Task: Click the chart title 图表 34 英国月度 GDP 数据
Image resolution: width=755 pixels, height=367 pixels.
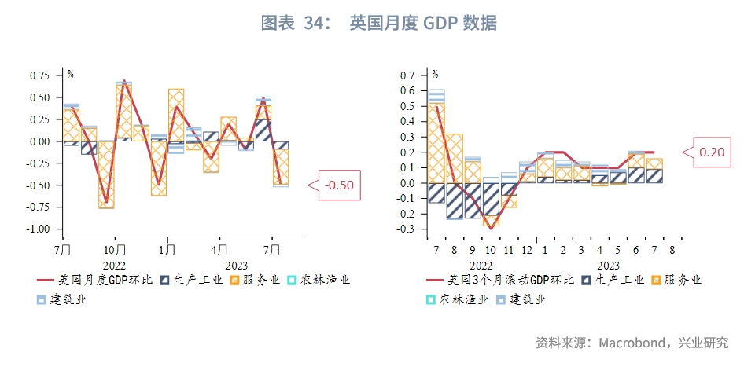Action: pos(378,24)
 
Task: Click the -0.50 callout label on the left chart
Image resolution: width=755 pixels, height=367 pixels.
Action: pos(340,185)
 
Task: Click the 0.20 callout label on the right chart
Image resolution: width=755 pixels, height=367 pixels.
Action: pos(711,152)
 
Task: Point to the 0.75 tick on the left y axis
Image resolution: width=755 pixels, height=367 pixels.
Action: pos(40,75)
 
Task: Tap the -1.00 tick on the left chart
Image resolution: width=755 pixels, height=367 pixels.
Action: pos(38,229)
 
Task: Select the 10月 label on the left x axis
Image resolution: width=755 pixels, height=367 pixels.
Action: pos(115,250)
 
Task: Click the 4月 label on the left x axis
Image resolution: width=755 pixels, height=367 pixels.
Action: pos(219,250)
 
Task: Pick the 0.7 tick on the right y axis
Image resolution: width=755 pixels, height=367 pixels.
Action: pos(407,75)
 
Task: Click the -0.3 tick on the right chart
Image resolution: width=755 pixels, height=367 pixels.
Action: pos(404,229)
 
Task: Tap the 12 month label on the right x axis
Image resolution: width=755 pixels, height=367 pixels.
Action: pos(526,250)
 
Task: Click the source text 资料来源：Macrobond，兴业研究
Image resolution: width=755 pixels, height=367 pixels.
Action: pos(632,343)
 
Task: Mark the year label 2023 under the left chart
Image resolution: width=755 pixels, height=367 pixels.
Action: pos(236,266)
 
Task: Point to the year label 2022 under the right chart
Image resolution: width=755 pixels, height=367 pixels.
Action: pos(481,266)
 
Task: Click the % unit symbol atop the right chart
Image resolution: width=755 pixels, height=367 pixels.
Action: pos(435,74)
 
